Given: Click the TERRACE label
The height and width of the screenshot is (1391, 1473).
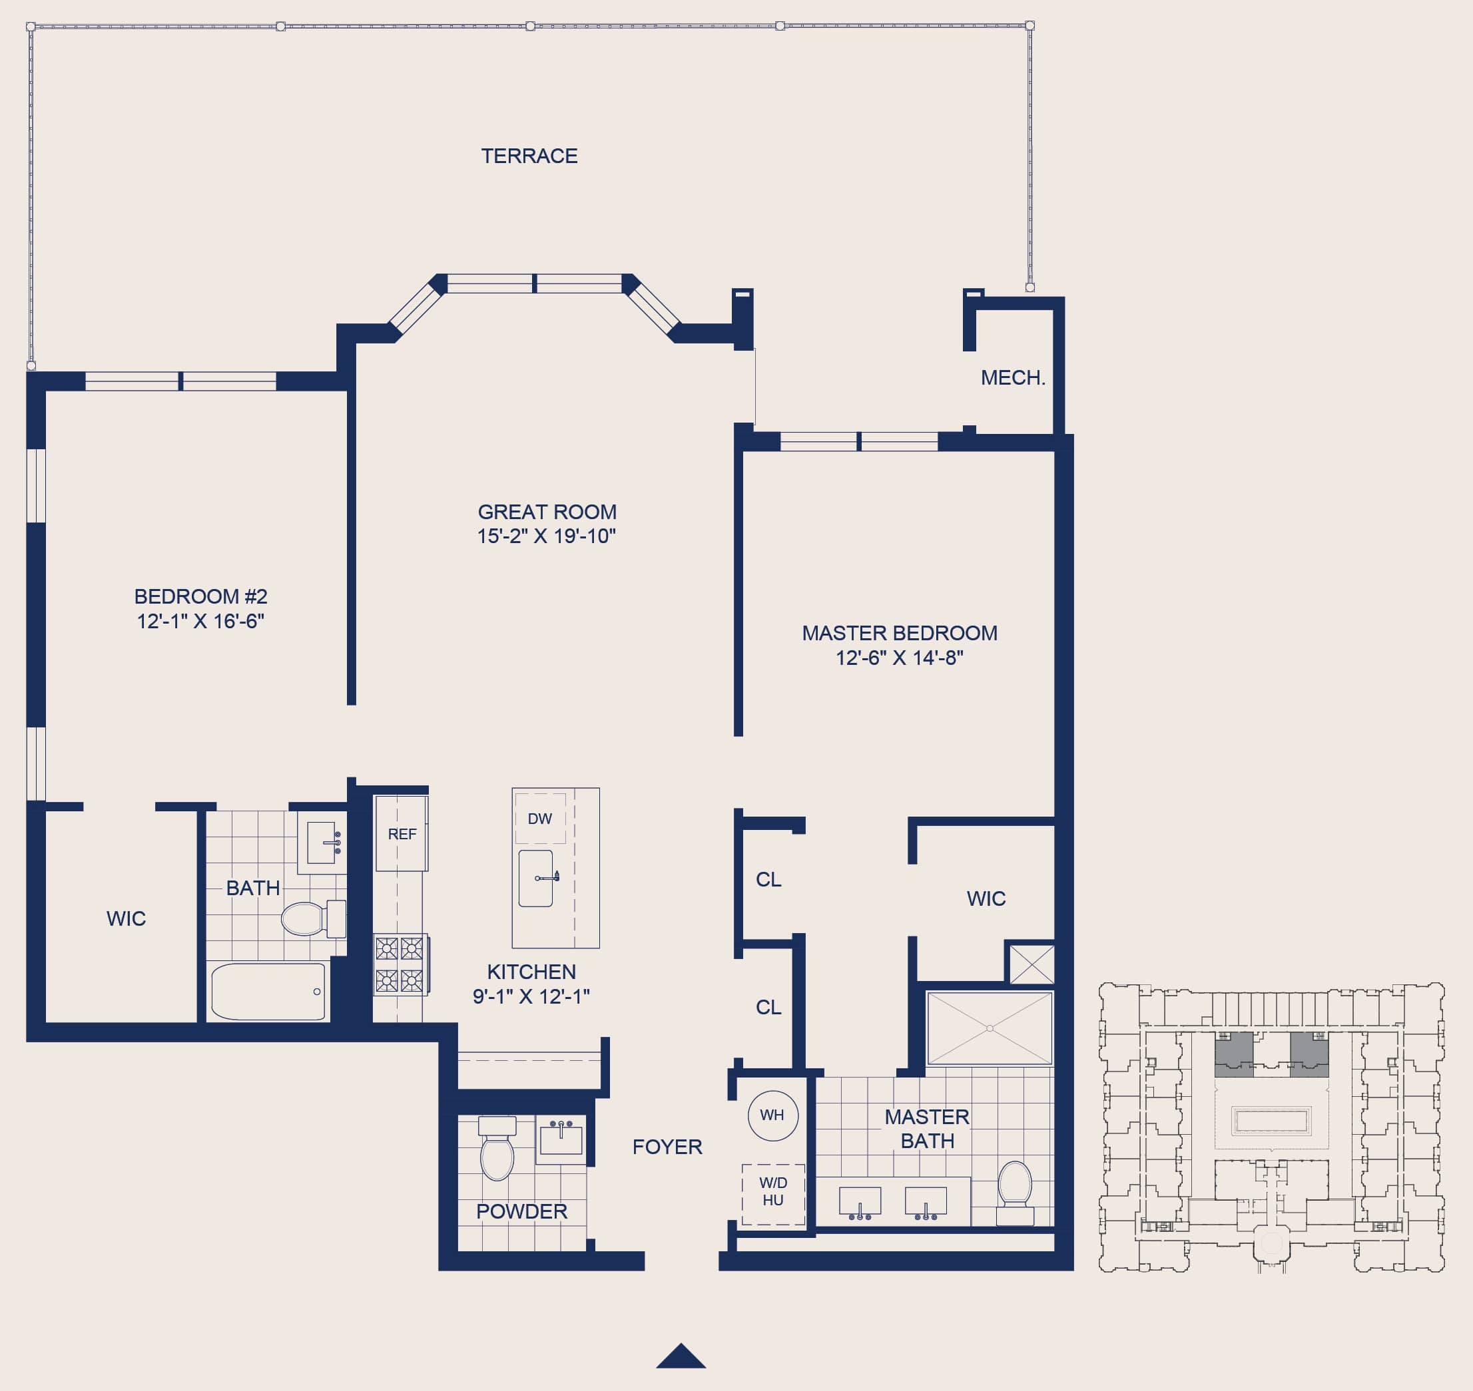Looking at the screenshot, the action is (529, 156).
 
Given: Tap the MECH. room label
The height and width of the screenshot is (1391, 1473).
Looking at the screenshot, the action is (1012, 377).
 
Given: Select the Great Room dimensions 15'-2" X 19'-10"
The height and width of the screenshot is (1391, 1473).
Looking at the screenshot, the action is (547, 536).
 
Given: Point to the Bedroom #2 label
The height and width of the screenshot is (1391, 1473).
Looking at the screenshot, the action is (200, 596).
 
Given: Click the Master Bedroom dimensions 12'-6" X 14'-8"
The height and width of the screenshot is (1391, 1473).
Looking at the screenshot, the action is (899, 658).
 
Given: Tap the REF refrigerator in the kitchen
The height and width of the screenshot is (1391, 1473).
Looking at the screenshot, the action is (402, 833).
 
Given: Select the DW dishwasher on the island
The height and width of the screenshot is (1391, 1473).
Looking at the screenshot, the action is (540, 819).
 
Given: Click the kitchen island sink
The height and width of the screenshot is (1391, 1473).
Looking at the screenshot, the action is (535, 878).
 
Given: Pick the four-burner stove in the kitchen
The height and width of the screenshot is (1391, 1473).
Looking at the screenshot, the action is (400, 964).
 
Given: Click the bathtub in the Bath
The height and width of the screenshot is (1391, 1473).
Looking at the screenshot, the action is (268, 992).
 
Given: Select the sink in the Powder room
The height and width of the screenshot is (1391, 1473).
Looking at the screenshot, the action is (561, 1139).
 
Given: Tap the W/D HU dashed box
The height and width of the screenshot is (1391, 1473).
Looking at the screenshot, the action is (773, 1194).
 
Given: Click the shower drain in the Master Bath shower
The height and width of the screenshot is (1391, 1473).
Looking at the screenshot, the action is (990, 1028).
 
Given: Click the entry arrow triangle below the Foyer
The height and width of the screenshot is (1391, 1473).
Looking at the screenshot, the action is (681, 1356).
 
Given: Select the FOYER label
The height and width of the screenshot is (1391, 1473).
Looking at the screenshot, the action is (667, 1147).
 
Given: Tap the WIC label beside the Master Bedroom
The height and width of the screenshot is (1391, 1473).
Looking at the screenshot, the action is (986, 898).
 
